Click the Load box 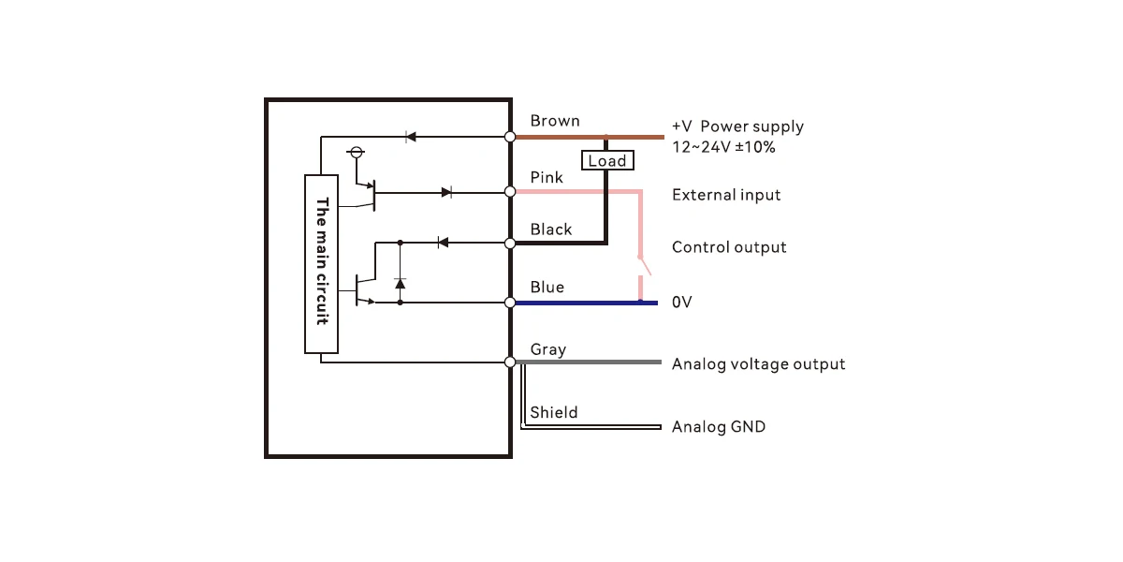pos(607,160)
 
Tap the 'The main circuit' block pos(321,264)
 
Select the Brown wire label pos(555,121)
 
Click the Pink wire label pos(547,177)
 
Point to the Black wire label pos(551,229)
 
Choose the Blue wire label pos(547,287)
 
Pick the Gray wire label pos(548,349)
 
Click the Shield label pos(554,412)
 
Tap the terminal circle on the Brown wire pos(510,137)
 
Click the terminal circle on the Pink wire pos(510,192)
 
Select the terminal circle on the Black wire pos(510,244)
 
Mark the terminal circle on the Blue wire pos(510,303)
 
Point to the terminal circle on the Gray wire pos(510,362)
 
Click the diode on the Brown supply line pos(411,137)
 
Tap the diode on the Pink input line pos(446,192)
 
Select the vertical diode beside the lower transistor pos(401,284)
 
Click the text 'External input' pos(726,195)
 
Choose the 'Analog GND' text pos(719,426)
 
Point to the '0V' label pos(682,302)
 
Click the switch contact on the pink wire pos(644,266)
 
